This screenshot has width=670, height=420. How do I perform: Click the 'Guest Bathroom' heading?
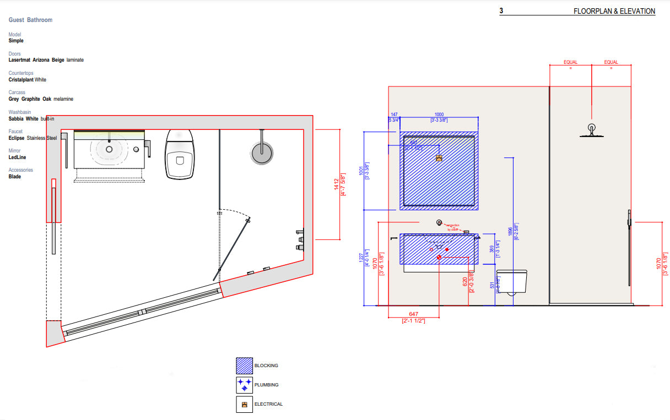(x=30, y=20)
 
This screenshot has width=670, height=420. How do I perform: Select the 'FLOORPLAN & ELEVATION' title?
(x=614, y=11)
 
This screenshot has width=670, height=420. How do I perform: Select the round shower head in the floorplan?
(x=262, y=152)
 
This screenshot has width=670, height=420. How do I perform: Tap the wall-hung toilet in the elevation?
(x=512, y=281)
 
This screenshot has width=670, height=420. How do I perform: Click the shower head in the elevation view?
(x=591, y=130)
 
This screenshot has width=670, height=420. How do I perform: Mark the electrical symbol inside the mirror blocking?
(x=439, y=158)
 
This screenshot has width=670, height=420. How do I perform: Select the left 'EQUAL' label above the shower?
(x=570, y=62)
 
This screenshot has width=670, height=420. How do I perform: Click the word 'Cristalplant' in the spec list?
(x=21, y=80)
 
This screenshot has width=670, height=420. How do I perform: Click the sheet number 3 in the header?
(x=501, y=11)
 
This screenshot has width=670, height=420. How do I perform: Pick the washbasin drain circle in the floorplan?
(x=109, y=149)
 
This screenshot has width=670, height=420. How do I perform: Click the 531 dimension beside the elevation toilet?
(x=491, y=285)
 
